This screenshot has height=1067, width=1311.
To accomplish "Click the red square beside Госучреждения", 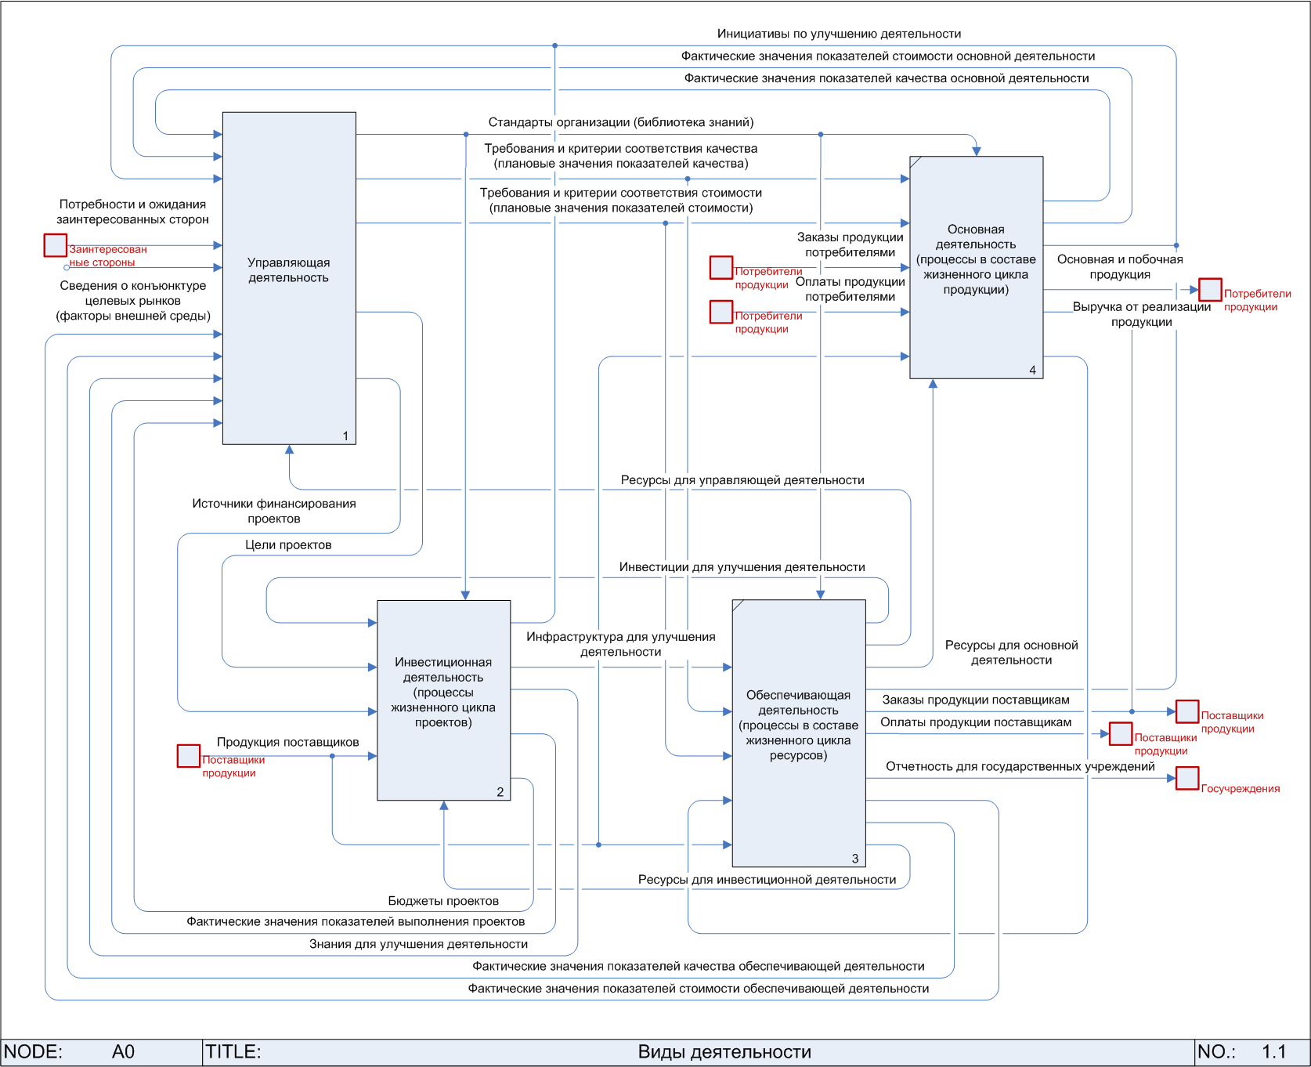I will tap(1187, 778).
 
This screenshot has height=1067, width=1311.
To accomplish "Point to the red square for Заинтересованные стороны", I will tap(55, 245).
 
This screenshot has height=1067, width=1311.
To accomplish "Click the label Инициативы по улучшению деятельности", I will tap(839, 34).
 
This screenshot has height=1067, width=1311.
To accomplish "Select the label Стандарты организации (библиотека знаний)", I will tap(621, 122).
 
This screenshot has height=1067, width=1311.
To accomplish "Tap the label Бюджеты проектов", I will tap(443, 901).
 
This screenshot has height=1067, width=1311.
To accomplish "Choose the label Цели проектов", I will tap(288, 544).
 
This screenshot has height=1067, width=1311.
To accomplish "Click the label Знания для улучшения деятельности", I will tap(418, 944).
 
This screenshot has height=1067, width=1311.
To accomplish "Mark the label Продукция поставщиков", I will tap(287, 742).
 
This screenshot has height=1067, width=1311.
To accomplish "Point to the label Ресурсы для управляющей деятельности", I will tap(742, 480).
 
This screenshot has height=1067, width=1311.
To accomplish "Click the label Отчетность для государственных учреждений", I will tap(1020, 766).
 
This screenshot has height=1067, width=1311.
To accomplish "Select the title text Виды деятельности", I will tap(724, 1052).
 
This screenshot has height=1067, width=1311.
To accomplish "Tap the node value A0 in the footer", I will tap(123, 1052).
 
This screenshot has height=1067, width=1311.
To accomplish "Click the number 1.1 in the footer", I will tap(1273, 1052).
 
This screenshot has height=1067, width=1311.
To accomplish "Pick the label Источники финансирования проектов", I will tap(274, 511).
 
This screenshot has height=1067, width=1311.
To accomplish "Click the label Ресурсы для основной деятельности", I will tap(1011, 653).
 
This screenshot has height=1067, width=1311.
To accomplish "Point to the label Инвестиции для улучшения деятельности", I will tap(742, 567).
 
